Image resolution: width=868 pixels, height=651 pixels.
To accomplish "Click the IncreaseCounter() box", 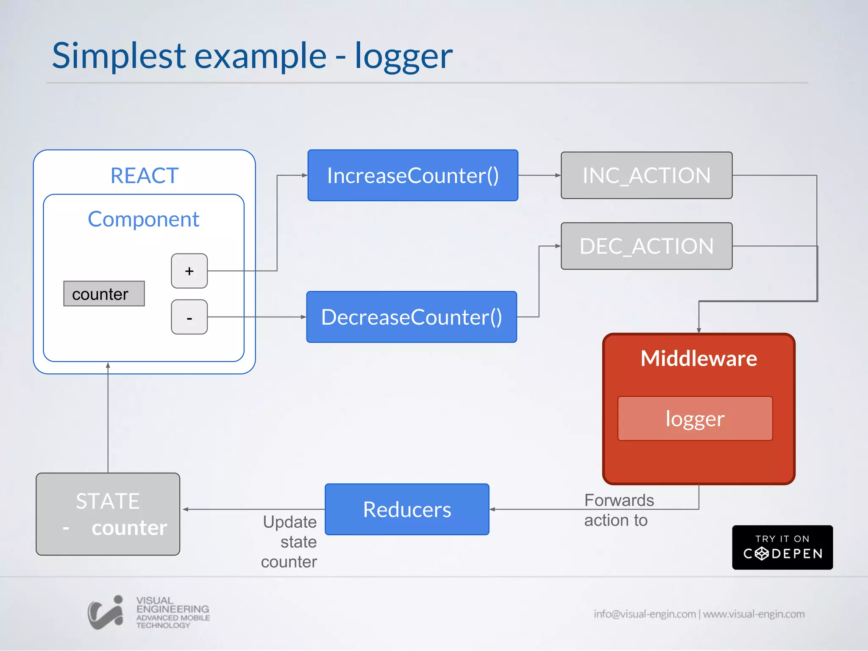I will pos(413,175).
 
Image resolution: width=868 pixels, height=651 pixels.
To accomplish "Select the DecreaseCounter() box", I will pos(412,317).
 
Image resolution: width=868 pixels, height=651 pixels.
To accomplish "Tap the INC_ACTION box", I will pos(646,175).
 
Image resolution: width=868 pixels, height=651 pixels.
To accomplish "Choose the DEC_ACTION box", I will pos(646,246).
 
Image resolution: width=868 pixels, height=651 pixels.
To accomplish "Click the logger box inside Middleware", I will pos(695,418).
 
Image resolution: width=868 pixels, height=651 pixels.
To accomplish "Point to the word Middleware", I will pos(698,358).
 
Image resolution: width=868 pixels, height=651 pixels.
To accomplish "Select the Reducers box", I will pos(407,509).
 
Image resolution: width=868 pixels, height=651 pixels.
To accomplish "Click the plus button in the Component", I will pos(189,271).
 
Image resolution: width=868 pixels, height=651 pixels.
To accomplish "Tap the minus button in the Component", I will pos(189,317).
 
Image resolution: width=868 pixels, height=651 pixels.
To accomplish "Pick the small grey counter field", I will pos(104,293).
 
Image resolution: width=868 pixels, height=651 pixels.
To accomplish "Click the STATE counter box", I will pos(108,514).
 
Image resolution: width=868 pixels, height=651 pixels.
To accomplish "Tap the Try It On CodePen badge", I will pos(782,547).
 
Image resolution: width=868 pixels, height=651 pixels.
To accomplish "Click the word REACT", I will pos(144,175).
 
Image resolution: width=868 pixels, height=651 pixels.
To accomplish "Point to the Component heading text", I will pos(143,219).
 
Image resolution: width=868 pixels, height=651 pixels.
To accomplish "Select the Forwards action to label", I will pos(618,510).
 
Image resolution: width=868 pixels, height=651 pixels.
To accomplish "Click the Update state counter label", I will pos(289,541).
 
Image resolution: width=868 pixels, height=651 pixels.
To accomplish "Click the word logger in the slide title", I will pos(403,56).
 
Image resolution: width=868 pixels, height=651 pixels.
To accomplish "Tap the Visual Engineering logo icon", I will pos(106,612).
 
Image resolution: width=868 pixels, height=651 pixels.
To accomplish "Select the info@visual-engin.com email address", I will pos(645,614).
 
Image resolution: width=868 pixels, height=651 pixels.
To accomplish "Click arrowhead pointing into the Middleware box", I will pos(698,330).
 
